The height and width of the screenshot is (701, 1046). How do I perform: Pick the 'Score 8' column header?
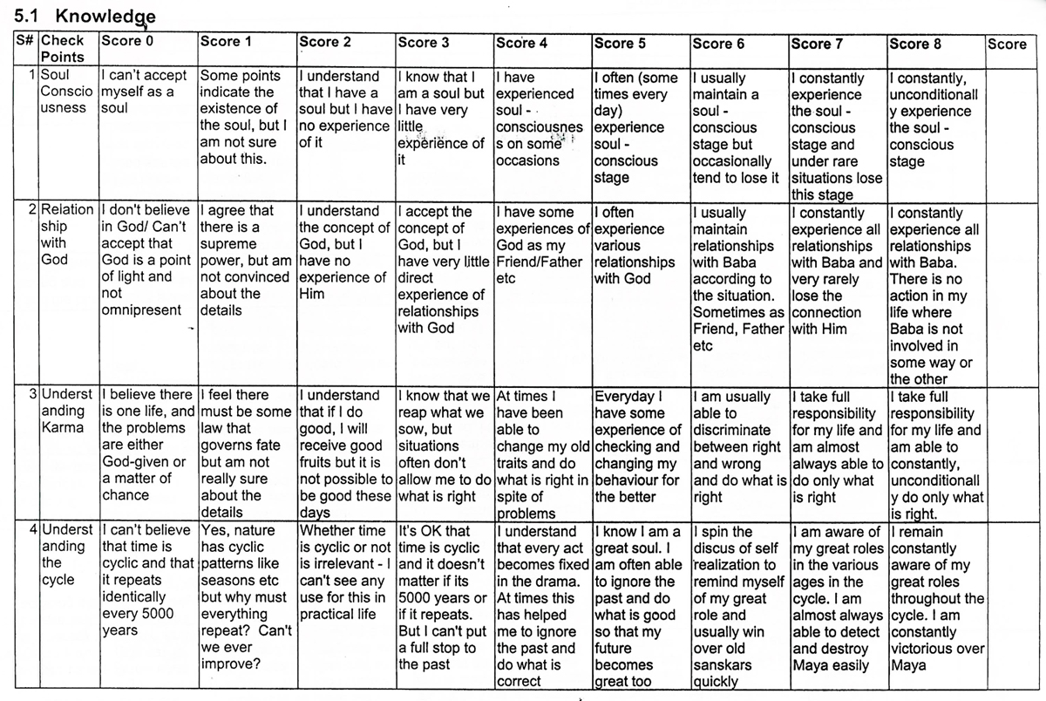pos(915,43)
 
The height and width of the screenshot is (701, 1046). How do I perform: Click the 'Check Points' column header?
pos(63,49)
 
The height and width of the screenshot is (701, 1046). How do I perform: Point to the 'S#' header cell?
pos(26,41)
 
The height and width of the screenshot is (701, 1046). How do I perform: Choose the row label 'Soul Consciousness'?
pos(65,92)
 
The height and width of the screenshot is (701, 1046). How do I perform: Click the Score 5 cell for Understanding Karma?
pos(637,446)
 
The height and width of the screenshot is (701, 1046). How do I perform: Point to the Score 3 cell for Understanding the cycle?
pos(441,597)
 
